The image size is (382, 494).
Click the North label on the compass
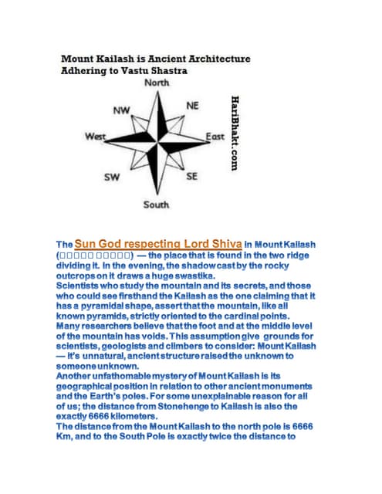(x=156, y=83)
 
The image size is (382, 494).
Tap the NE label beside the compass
(x=193, y=105)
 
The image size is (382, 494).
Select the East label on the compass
(x=215, y=137)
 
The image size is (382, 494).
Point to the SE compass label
(x=191, y=176)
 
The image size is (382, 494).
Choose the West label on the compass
(x=95, y=137)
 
